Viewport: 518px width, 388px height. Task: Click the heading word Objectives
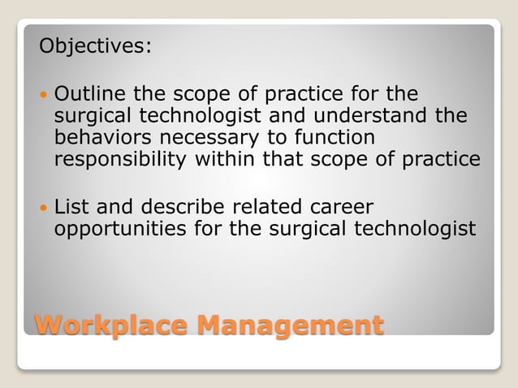coord(95,45)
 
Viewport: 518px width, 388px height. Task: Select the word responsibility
coord(120,159)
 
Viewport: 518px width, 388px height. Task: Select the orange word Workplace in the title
coord(109,325)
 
